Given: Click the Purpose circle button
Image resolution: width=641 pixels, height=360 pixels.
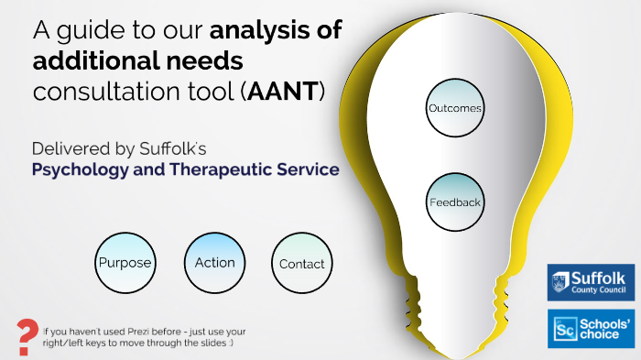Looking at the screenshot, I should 125,263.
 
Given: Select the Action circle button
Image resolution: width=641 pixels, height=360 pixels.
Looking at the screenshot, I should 214,263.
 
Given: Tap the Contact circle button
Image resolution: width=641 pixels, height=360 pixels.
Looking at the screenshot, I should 302,264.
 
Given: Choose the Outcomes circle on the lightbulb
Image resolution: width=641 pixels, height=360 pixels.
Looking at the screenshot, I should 455,108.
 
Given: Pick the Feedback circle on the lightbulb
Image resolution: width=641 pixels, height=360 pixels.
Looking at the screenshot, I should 455,202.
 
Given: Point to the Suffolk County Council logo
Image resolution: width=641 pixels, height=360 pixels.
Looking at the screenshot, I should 591,282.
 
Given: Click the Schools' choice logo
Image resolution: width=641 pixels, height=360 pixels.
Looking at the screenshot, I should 591,329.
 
